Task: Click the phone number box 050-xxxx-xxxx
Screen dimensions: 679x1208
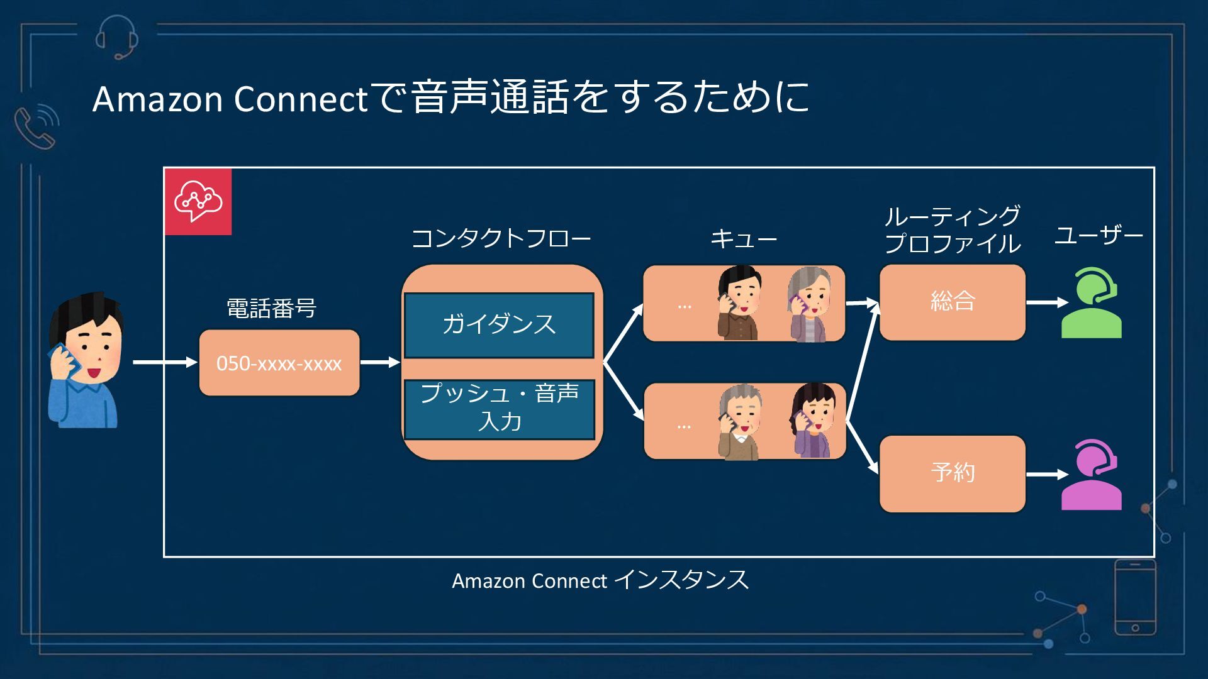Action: click(279, 363)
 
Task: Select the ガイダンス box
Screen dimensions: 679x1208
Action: click(499, 325)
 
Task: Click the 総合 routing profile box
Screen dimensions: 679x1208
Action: click(952, 302)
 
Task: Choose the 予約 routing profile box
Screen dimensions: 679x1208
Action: click(952, 473)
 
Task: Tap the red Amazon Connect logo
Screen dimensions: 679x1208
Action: click(198, 201)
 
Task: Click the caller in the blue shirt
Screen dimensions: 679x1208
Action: click(85, 362)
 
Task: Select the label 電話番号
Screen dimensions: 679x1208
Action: click(271, 309)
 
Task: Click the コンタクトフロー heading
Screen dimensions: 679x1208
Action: click(501, 239)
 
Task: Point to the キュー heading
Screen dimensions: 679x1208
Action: click(744, 239)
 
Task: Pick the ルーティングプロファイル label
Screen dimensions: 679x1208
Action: click(952, 230)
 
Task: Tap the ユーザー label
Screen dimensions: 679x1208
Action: click(1099, 236)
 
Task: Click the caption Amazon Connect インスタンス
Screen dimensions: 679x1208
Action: click(600, 580)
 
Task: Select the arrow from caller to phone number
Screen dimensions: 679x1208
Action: click(165, 362)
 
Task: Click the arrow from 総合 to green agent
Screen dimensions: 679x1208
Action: click(1046, 302)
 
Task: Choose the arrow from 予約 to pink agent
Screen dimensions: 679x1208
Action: click(1046, 474)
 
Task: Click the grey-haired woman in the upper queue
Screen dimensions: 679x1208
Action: click(810, 304)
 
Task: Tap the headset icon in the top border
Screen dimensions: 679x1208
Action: click(117, 36)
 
